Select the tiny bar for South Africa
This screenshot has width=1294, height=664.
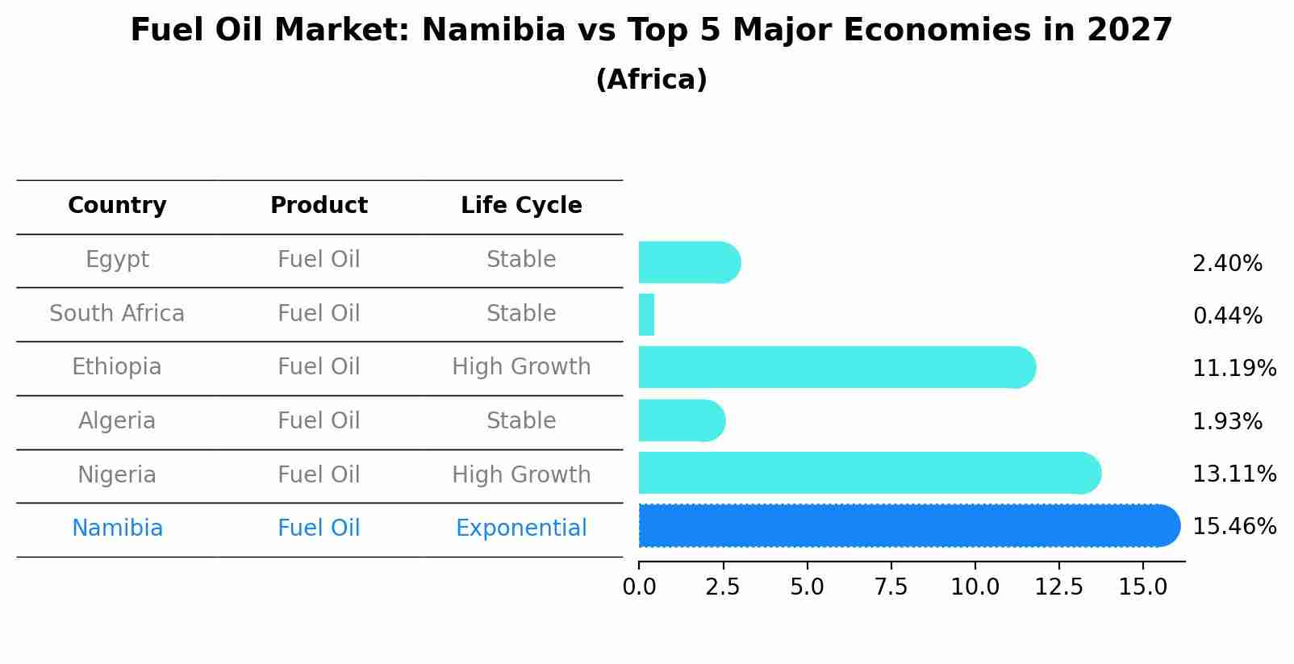[646, 315]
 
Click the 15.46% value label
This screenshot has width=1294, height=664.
[1233, 527]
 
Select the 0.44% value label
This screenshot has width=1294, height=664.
[1227, 316]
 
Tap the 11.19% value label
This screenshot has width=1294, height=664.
[1233, 369]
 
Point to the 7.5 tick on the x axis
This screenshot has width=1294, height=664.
[891, 587]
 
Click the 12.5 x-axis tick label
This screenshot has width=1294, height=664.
[1058, 587]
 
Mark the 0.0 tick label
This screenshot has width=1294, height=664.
[639, 587]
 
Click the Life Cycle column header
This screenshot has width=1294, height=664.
[521, 206]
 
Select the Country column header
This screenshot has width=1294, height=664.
[117, 206]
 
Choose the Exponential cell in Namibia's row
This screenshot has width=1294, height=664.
[521, 528]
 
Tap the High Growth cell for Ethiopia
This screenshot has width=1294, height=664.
[521, 367]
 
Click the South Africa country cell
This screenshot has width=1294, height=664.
[117, 314]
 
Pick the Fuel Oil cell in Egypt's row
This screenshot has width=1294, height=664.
[319, 260]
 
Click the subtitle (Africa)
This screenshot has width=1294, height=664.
[651, 80]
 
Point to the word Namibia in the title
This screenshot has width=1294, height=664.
[493, 31]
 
